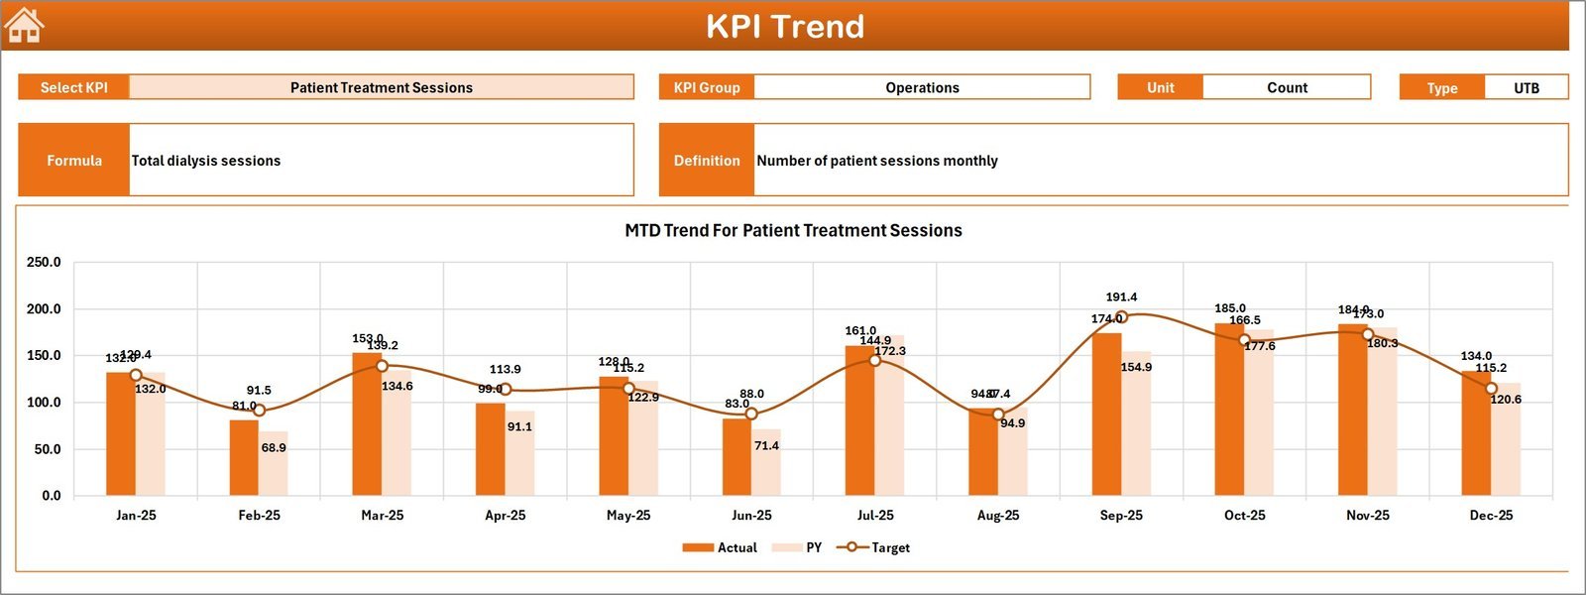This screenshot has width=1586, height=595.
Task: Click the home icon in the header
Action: point(24,26)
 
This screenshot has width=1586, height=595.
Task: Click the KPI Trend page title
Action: point(785,27)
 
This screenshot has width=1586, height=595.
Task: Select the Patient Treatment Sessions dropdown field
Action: point(382,87)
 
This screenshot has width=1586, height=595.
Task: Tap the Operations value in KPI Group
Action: point(922,87)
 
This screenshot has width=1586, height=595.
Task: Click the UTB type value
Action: point(1527,88)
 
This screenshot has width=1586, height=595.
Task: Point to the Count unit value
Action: point(1287,87)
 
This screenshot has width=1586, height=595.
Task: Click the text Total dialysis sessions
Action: point(206,161)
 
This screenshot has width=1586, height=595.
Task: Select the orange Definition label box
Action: point(707,160)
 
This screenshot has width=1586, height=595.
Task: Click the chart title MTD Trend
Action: point(793,230)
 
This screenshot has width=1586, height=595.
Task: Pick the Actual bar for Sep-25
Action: point(1107,415)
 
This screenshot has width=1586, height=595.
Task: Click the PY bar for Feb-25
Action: point(274,464)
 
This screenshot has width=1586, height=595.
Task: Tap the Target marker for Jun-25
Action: point(751,414)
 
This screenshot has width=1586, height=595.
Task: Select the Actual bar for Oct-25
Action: point(1230,410)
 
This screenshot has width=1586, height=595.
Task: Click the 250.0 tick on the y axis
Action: point(44,263)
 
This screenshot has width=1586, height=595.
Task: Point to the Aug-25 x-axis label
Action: point(998,516)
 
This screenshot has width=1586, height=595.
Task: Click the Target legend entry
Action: point(873,547)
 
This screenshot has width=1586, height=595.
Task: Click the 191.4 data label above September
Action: point(1121,297)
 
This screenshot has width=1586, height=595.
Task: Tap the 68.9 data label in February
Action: point(274,448)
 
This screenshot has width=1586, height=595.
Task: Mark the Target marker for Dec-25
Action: point(1491,389)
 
